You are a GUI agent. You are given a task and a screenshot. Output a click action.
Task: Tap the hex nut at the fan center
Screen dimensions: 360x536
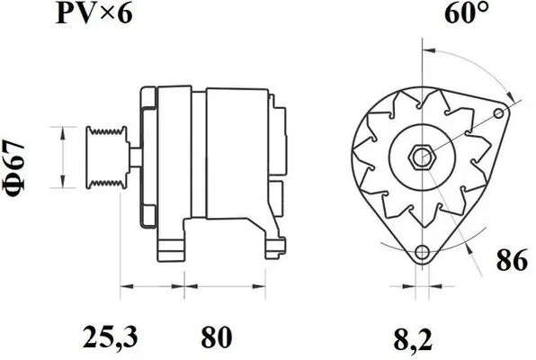point(420,156)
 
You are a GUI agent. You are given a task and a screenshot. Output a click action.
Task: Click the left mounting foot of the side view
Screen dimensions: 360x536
point(171,248)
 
